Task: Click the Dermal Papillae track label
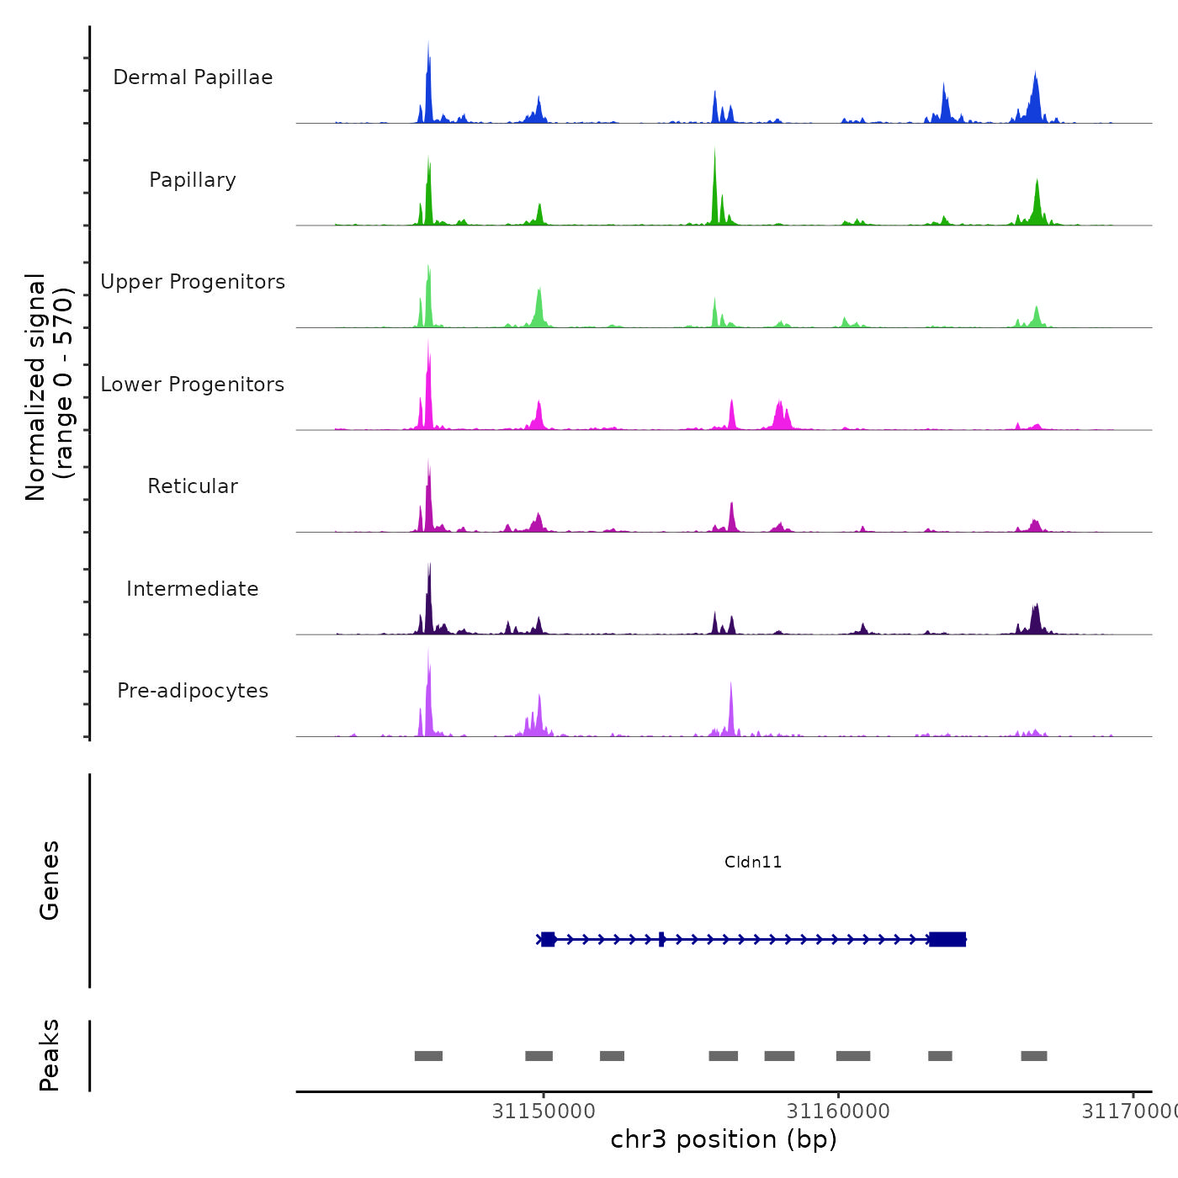pyautogui.click(x=193, y=77)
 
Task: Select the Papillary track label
pyautogui.click(x=193, y=180)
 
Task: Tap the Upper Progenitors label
pyautogui.click(x=193, y=282)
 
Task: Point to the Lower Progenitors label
pyautogui.click(x=193, y=385)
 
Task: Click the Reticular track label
pyautogui.click(x=193, y=486)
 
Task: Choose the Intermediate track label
pyautogui.click(x=193, y=589)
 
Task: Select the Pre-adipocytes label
pyautogui.click(x=193, y=691)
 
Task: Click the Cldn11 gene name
pyautogui.click(x=753, y=862)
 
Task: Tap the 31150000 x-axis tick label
pyautogui.click(x=544, y=1112)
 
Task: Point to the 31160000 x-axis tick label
pyautogui.click(x=838, y=1112)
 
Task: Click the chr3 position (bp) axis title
pyautogui.click(x=724, y=1139)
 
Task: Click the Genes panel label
pyautogui.click(x=50, y=880)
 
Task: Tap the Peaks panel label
pyautogui.click(x=50, y=1055)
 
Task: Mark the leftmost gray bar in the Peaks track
pyautogui.click(x=428, y=1056)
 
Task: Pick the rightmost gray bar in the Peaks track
pyautogui.click(x=1034, y=1056)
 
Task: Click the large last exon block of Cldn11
pyautogui.click(x=947, y=939)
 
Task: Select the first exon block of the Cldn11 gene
pyautogui.click(x=548, y=939)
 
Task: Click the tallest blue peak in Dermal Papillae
pyautogui.click(x=428, y=84)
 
